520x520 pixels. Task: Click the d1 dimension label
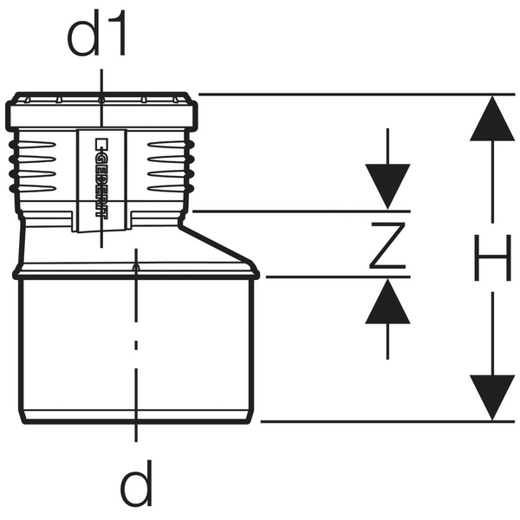[96, 33]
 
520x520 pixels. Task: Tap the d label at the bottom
[136, 483]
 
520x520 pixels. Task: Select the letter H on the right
[492, 257]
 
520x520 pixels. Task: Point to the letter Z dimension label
[387, 245]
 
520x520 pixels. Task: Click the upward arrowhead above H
[492, 119]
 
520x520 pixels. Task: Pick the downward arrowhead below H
[492, 398]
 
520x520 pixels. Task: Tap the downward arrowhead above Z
[387, 186]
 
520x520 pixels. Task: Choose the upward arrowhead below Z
[387, 301]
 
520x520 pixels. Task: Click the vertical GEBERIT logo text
[101, 178]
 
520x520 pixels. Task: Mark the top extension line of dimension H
[356, 94]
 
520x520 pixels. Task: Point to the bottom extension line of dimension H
[387, 422]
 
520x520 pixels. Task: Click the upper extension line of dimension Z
[302, 211]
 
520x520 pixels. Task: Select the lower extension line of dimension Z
[338, 276]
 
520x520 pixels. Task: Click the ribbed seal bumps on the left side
[12, 166]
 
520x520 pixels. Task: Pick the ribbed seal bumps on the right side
[191, 166]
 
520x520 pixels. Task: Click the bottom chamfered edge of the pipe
[136, 417]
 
